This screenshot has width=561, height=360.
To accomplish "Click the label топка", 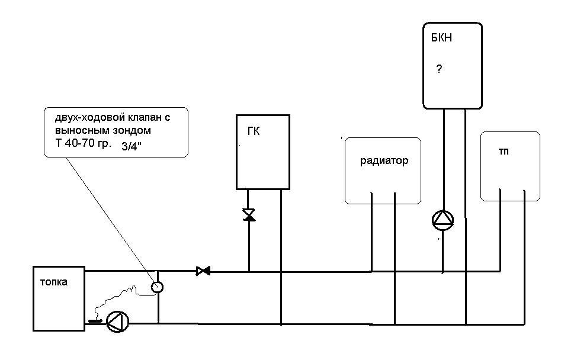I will click(53, 282).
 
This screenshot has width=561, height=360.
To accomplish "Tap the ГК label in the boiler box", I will click(253, 131).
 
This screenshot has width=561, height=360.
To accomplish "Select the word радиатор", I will click(384, 161).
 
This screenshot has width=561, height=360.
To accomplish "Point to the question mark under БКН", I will click(439, 69).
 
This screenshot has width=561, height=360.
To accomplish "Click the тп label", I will click(504, 152).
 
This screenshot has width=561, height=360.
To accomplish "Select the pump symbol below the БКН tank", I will click(443, 221).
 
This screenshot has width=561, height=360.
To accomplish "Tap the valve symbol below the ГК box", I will click(249, 215).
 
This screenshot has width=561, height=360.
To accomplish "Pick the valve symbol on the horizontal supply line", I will click(203, 271).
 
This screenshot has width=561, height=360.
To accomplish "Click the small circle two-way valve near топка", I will click(157, 287).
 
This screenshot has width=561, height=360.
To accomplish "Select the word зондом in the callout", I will click(133, 130).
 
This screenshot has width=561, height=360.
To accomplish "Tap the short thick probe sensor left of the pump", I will click(95, 322).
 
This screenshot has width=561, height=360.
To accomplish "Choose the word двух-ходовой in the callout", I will click(86, 117).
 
